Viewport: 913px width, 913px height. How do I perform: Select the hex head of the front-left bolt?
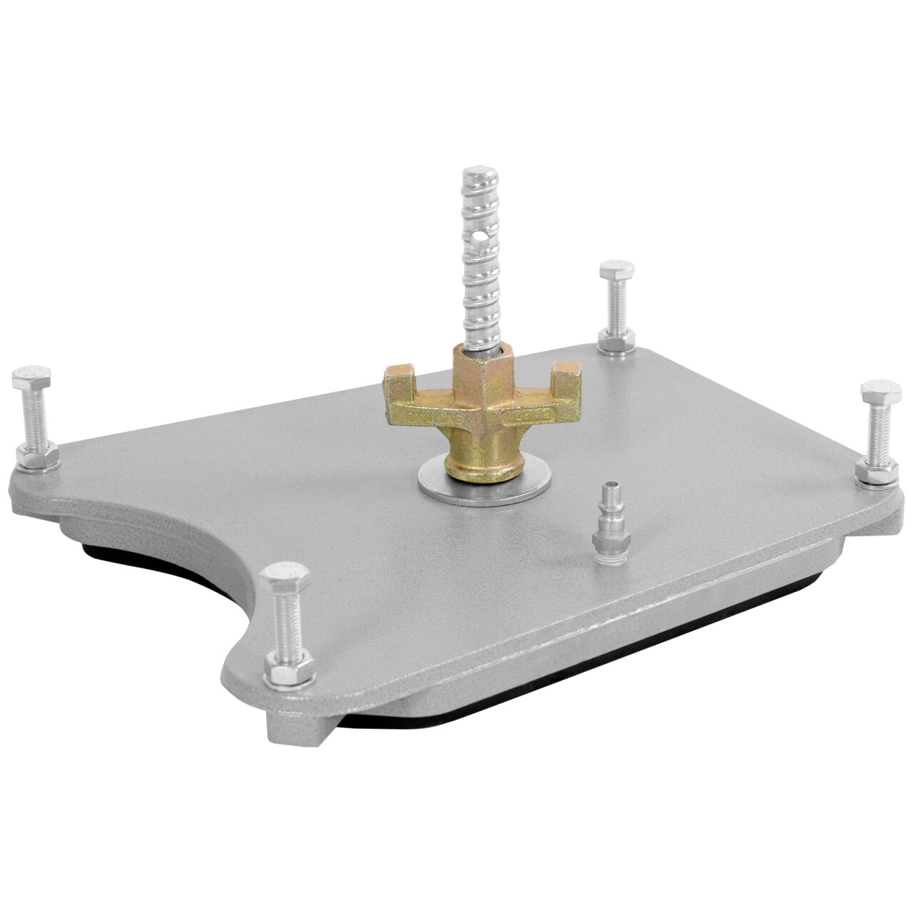pyautogui.click(x=286, y=577)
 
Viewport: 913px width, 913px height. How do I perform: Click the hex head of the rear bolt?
pyautogui.click(x=617, y=272)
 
